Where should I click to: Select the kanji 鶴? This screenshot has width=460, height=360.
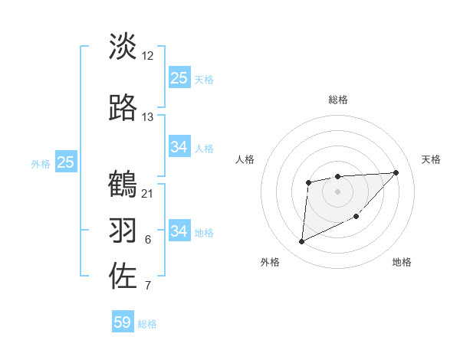(123, 184)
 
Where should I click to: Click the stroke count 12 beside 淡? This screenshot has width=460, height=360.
(148, 56)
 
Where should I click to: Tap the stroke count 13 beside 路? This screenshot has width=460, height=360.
(148, 117)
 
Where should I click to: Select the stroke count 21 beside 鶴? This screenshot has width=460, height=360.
(148, 193)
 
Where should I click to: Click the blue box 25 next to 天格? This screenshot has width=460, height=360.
(179, 78)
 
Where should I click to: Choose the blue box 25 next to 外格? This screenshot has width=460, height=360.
(65, 162)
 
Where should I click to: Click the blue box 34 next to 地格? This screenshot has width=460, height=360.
(179, 231)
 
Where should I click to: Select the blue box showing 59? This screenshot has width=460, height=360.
(123, 322)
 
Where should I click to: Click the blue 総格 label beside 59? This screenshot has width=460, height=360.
(148, 324)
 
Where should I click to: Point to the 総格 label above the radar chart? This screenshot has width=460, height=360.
(338, 100)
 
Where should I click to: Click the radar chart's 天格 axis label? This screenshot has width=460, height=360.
(432, 159)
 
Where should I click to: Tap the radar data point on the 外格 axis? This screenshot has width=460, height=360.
(301, 242)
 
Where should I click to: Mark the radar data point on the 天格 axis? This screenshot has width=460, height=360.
(396, 172)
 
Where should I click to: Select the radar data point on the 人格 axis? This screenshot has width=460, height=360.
(308, 182)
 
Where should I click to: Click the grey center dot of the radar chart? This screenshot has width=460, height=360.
(337, 191)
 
